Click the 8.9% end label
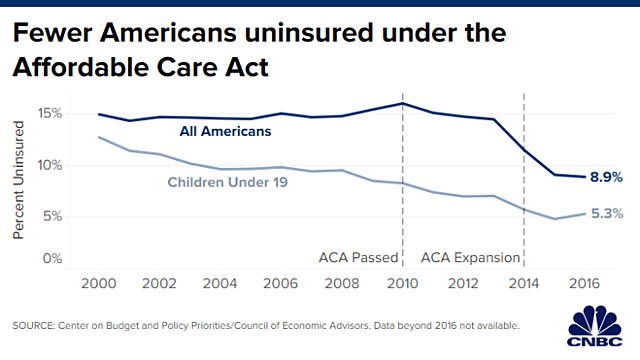coord(606,176)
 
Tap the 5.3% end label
coord(606,213)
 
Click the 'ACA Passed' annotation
coord(359,258)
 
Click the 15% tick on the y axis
coord(48,113)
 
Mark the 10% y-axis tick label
coord(48,164)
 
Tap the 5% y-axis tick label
coord(51,215)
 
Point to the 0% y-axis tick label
coord(51,259)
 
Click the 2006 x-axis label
coord(283,284)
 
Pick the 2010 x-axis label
coord(403,284)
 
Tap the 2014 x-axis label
coord(525,284)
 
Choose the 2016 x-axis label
coord(586,284)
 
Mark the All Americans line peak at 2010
coord(402,103)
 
